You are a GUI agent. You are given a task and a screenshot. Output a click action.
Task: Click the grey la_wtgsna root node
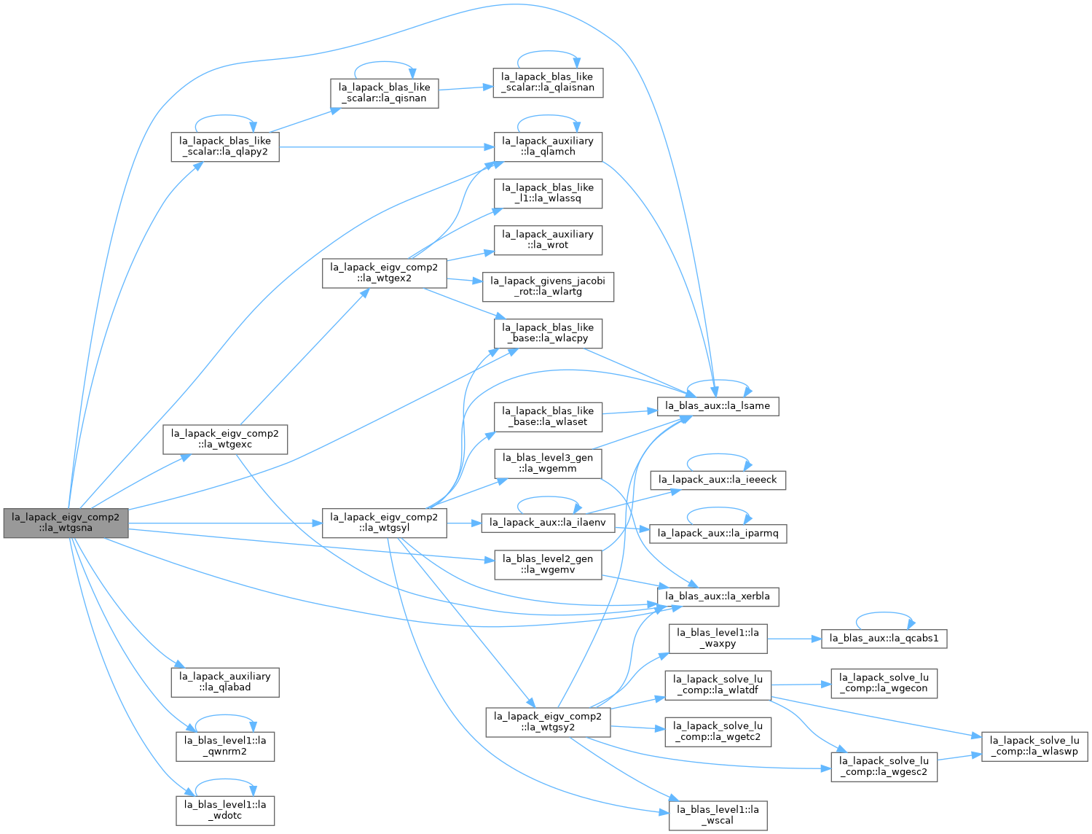point(66,523)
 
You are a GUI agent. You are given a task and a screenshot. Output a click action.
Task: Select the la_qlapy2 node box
point(225,147)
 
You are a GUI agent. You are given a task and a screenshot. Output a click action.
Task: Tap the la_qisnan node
point(384,93)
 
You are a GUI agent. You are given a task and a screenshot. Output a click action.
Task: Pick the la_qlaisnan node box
point(548,82)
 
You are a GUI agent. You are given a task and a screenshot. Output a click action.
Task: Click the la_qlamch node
point(548,147)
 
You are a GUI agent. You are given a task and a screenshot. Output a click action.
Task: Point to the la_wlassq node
point(548,194)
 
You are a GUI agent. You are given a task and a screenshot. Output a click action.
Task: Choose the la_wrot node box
point(548,241)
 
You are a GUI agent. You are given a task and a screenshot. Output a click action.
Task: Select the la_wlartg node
point(548,287)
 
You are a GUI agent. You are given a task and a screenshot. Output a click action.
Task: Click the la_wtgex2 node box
point(384,273)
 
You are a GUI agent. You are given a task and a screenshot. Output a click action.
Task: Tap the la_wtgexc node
point(225,439)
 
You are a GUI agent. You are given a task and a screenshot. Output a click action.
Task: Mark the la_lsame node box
point(718,406)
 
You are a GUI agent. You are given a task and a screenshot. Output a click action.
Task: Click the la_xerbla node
point(718,596)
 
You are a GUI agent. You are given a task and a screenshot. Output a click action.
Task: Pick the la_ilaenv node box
point(548,523)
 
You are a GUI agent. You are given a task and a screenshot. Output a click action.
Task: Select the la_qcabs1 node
point(884,639)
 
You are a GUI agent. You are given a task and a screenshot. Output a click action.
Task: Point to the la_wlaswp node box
point(1034,747)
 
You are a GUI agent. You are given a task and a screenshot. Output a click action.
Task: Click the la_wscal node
point(718,816)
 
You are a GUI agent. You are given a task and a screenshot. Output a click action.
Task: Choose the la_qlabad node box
point(225,683)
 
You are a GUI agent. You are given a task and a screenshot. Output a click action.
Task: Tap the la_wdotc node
point(225,811)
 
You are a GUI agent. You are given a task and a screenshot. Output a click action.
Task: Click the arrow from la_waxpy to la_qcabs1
point(794,639)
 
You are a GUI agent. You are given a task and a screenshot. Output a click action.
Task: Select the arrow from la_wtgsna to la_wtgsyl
point(225,523)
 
